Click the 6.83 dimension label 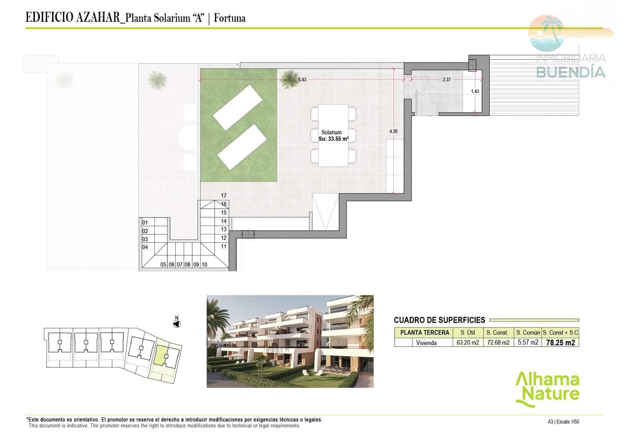point(302,79)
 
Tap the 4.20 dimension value point(393,131)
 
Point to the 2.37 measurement point(446,79)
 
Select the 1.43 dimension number point(475,91)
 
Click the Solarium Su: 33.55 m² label point(333,136)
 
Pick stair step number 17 point(223,195)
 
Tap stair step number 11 point(223,247)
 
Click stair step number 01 point(145,223)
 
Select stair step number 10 point(204,265)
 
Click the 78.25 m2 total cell point(560,343)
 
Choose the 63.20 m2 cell point(468,343)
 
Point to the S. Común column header point(528,333)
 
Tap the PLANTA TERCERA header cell point(425,333)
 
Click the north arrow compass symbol point(177,324)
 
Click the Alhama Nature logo point(547,388)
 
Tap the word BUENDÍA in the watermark point(570,72)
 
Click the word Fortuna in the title point(230,18)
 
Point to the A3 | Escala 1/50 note point(563,422)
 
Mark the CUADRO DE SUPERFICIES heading point(439,320)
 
